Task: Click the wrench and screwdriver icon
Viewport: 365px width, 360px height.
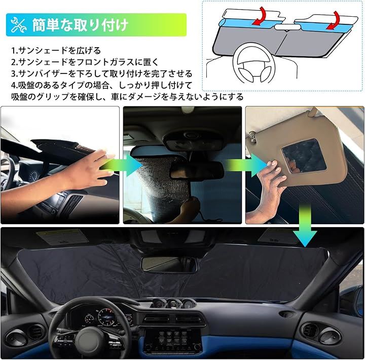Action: (x=18, y=25)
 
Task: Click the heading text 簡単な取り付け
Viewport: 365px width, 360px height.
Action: (x=80, y=25)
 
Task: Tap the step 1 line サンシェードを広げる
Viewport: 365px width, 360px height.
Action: (x=59, y=50)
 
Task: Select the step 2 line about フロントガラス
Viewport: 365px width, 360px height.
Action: (x=88, y=62)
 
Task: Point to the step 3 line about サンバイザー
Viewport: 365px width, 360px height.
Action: (x=105, y=74)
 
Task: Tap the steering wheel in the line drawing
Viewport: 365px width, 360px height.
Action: (x=254, y=63)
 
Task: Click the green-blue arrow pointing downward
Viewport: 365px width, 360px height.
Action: (x=305, y=225)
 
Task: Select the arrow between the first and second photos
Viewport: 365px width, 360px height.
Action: (x=122, y=165)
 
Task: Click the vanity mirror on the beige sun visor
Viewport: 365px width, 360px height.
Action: (x=304, y=156)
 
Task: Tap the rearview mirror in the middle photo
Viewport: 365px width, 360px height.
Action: (x=197, y=170)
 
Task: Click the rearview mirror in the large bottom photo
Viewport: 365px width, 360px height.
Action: (x=170, y=264)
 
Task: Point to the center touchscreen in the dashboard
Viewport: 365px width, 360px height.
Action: (x=173, y=340)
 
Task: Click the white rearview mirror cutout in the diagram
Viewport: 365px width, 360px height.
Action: (x=287, y=27)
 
